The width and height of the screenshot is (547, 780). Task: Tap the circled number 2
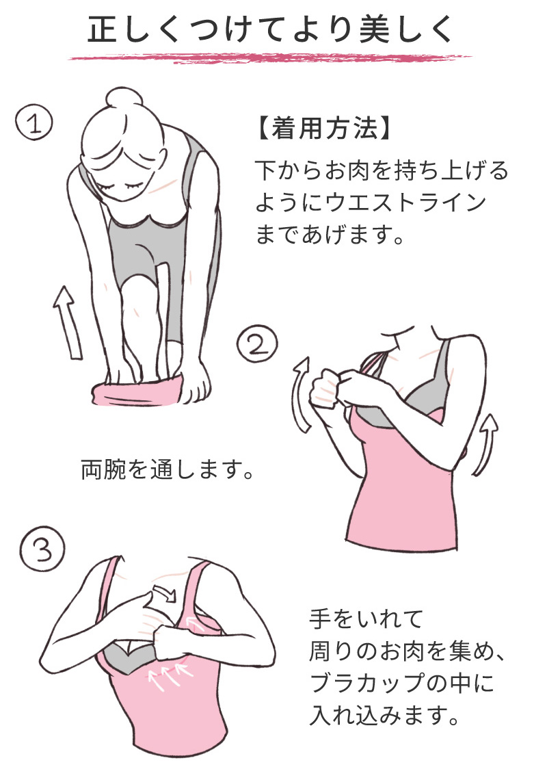257,344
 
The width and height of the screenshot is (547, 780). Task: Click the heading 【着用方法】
323,129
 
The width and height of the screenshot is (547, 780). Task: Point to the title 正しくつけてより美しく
271,30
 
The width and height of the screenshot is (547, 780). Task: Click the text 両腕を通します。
167,469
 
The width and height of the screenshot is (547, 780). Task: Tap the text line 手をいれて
366,619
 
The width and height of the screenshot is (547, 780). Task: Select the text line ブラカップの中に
402,683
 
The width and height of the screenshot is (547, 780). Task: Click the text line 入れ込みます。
384,715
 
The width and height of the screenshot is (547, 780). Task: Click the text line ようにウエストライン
371,202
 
